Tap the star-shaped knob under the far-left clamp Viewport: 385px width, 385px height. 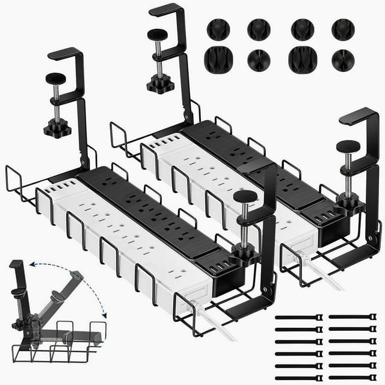point(57,128)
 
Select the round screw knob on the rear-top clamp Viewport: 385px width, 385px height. point(158,35)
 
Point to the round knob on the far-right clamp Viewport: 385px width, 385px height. point(348,146)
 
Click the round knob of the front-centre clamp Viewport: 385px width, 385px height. point(244,197)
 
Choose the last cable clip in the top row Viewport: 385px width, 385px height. point(343,29)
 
